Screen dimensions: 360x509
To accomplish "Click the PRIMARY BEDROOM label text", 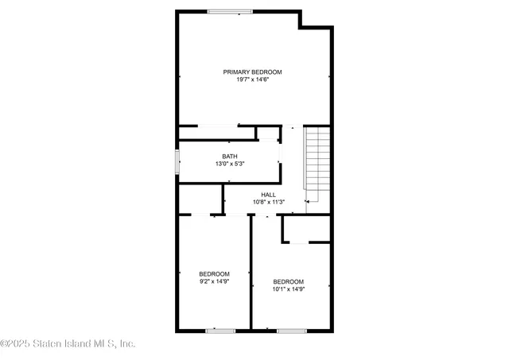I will click(252, 72).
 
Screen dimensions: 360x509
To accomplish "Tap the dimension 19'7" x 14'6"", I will click(252, 79).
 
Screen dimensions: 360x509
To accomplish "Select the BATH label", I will click(229, 156).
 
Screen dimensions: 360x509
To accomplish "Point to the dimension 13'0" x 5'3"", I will click(229, 164).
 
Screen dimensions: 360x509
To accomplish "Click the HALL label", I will click(269, 194).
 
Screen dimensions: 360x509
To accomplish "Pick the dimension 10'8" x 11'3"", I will click(269, 202).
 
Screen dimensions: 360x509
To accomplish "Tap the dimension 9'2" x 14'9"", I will click(215, 281).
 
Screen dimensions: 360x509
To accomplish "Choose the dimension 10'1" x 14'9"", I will click(288, 288).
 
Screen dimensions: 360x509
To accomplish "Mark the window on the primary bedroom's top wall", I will click(231, 10).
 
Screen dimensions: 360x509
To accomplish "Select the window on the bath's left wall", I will click(177, 161).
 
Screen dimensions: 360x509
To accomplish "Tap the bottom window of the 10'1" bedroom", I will click(291, 330).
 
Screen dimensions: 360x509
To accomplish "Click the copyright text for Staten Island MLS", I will click(68, 344).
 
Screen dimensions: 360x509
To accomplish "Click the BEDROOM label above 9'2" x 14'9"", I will click(215, 273).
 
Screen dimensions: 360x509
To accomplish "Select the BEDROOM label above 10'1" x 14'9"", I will click(288, 281).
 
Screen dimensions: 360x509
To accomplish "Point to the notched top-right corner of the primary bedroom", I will click(315, 19).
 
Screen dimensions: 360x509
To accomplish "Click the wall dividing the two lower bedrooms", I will click(251, 274).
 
